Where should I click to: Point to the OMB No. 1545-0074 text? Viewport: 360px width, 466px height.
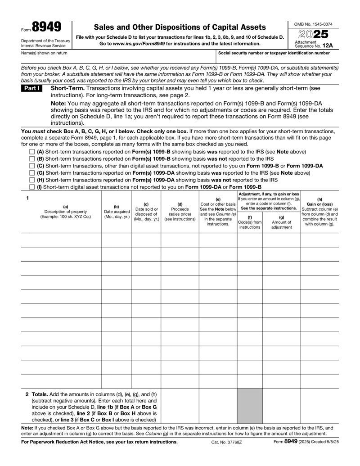point(313,23)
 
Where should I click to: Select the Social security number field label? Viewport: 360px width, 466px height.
point(274,53)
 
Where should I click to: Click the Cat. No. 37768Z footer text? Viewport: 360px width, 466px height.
point(226,454)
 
